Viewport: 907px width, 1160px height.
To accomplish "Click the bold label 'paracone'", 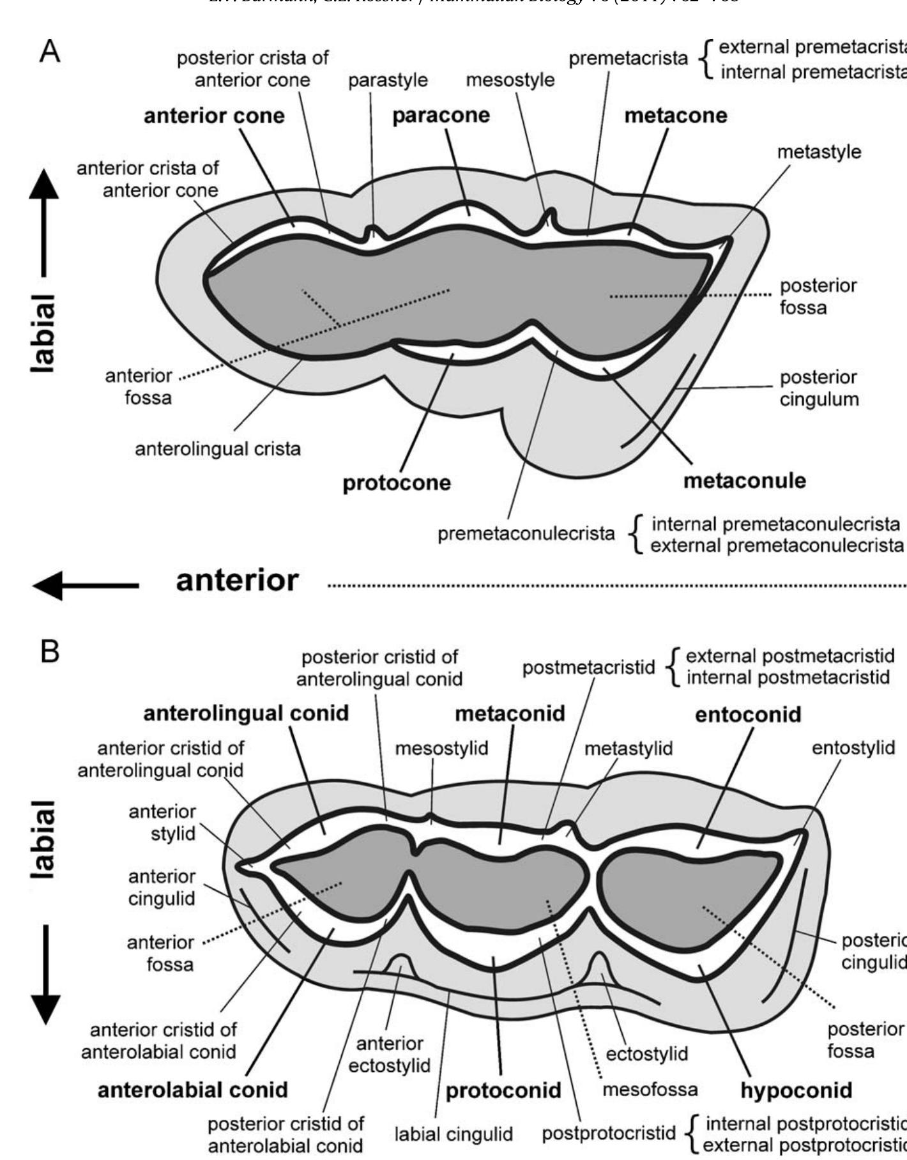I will click(x=441, y=116).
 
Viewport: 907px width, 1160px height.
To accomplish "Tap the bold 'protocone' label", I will click(x=397, y=482).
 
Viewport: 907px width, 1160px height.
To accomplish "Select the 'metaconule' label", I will click(x=744, y=480).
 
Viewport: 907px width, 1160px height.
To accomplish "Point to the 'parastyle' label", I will click(x=388, y=80).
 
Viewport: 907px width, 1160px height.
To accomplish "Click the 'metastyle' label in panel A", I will click(x=819, y=152).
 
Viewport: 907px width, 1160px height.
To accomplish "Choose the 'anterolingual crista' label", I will click(x=217, y=449).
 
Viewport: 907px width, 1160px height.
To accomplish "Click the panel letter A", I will click(x=50, y=52).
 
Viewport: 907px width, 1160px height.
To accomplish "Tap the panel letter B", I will click(x=50, y=652).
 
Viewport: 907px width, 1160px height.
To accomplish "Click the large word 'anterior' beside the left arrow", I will click(x=237, y=581).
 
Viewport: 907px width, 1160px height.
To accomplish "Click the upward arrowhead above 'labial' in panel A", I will click(x=43, y=185).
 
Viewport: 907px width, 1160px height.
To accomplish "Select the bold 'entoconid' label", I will click(x=747, y=714).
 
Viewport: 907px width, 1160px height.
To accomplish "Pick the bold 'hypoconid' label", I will click(x=796, y=1090).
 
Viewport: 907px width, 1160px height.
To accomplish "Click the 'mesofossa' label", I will click(x=650, y=1088).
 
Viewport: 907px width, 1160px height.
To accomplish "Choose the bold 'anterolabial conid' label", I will click(x=192, y=1090).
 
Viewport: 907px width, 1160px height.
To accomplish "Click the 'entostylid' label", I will click(x=853, y=747).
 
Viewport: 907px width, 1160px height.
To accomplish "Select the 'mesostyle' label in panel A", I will click(x=510, y=80).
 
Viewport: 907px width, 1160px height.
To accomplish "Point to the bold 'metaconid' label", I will click(x=510, y=714).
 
